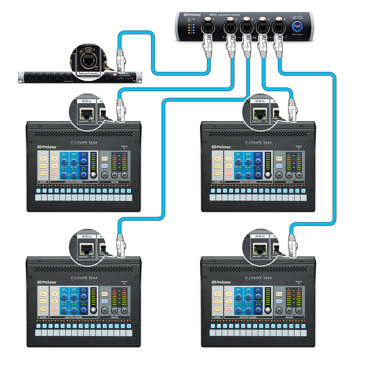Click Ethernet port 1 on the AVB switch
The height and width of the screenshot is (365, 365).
click(208, 28)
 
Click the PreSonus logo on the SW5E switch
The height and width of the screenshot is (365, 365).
click(192, 15)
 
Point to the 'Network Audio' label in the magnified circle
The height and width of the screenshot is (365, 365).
click(88, 73)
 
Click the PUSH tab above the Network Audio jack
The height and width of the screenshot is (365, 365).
click(88, 49)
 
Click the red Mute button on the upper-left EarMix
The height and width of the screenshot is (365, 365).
click(54, 173)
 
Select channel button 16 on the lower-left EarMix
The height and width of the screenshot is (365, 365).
click(129, 326)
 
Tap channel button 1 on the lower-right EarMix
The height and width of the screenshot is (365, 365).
click(213, 326)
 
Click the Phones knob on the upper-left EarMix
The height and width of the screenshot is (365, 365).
click(124, 175)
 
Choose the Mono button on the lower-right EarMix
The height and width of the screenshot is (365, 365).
click(279, 294)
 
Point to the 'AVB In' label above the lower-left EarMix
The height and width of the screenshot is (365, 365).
click(86, 236)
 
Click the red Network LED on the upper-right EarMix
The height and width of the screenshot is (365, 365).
click(299, 149)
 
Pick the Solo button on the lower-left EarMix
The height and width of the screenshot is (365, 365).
click(54, 301)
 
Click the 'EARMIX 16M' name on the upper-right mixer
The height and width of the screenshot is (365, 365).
click(258, 143)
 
